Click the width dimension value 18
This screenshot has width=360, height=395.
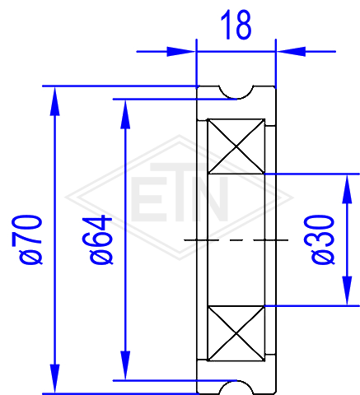pos(236,25)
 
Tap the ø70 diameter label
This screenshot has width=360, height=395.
pos(27,239)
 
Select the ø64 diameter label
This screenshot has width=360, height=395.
pos(97,239)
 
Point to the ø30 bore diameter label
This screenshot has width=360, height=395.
pos(320,239)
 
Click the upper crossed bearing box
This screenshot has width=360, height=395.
pos(236,146)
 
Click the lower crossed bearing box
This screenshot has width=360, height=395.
pos(236,333)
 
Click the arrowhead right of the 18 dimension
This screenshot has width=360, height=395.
pos(291,51)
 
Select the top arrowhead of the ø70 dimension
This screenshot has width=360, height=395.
pos(54,101)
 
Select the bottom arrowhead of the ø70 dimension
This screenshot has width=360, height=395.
pos(54,379)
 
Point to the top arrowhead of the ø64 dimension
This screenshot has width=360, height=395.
pos(125,114)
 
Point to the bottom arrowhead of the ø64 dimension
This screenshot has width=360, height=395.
pos(125,365)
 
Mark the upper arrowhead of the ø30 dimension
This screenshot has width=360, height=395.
pos(347,189)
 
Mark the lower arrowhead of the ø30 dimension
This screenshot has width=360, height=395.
pos(347,290)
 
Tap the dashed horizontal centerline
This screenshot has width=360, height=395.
pos(236,240)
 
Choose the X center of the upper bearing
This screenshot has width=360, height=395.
pos(236,146)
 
